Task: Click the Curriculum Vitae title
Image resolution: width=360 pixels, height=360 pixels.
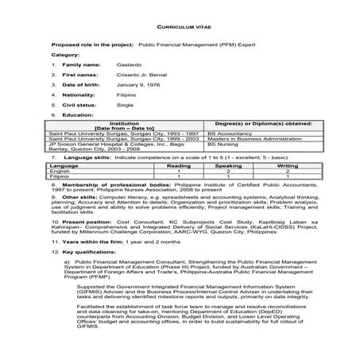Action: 180,26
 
